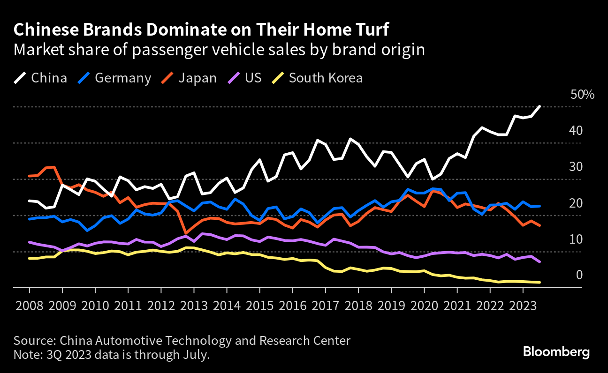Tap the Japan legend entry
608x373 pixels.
pos(190,78)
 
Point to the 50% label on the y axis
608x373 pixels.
pos(582,95)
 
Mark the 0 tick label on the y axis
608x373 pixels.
pos(580,275)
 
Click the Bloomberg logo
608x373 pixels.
pos(556,352)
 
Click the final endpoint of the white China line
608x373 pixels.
pos(540,106)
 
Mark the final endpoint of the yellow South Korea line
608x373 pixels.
pos(540,282)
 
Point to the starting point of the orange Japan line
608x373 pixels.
pos(29,176)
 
